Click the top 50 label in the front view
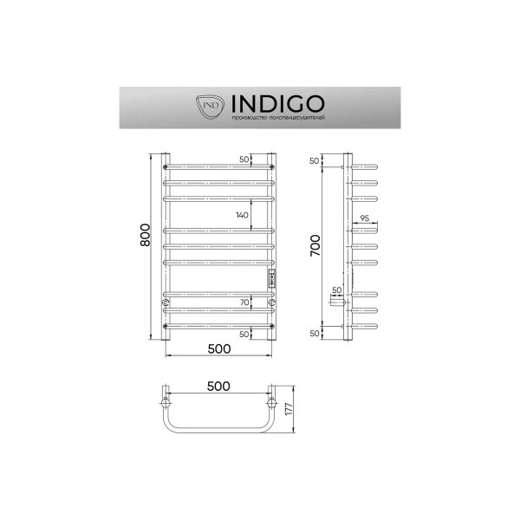(x=245, y=160)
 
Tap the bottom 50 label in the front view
(x=245, y=334)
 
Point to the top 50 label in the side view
(x=315, y=162)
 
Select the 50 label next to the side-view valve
(x=336, y=290)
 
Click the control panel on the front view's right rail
(x=272, y=278)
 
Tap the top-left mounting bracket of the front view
(x=166, y=166)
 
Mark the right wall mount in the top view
(x=272, y=404)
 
